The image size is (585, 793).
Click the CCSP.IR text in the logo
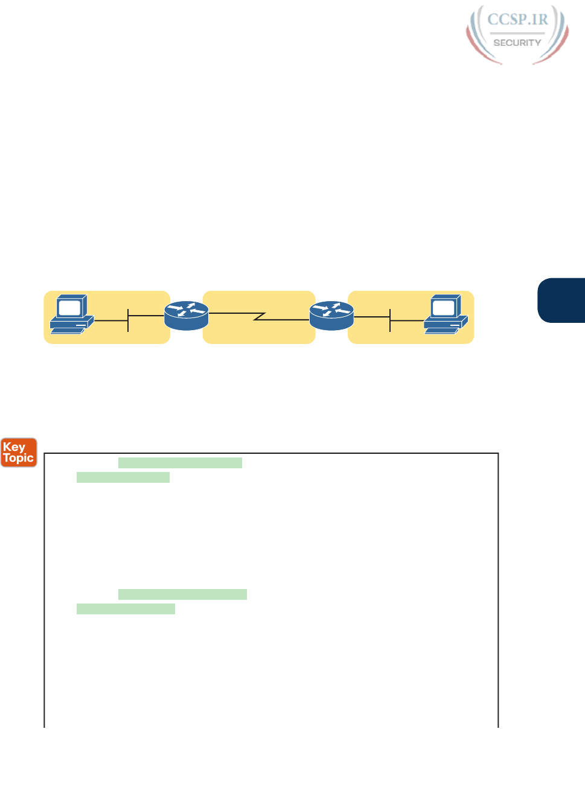[517, 19]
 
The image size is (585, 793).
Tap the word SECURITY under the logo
[517, 43]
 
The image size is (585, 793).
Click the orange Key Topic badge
[19, 453]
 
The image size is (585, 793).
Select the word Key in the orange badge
[14, 447]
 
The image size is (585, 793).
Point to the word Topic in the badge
[19, 458]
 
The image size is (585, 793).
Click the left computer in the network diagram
[71, 314]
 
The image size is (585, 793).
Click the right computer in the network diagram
[446, 314]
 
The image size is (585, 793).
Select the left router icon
[187, 316]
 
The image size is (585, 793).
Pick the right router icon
[331, 316]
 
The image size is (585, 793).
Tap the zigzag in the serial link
[260, 316]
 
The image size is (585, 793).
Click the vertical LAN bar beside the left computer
[128, 320]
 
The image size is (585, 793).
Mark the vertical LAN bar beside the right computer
[390, 320]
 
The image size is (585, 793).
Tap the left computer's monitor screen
[69, 307]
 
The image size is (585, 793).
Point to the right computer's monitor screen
[444, 307]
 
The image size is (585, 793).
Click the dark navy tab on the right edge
[561, 300]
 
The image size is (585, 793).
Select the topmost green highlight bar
[180, 463]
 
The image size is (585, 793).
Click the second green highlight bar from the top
[123, 477]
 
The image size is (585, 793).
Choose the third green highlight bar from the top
[182, 594]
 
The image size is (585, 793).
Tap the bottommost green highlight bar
[126, 609]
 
